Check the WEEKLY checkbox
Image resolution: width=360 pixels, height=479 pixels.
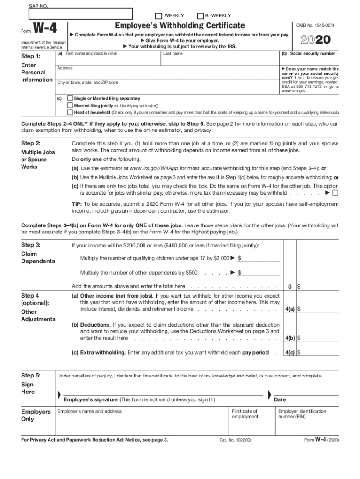coord(158,15)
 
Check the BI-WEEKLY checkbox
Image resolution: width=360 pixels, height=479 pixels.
coord(201,15)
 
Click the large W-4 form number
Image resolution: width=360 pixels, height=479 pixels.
coord(44,29)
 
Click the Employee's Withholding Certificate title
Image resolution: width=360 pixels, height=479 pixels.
coord(180,25)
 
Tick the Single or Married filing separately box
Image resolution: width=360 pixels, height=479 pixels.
coord(70,99)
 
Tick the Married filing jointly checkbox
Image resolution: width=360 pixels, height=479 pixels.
coord(70,106)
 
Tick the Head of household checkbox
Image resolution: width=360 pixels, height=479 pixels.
coord(70,113)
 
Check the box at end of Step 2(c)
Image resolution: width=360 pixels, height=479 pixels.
coord(335,193)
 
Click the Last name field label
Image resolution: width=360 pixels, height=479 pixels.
coord(173,54)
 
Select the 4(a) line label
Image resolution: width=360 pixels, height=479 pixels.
coord(289,309)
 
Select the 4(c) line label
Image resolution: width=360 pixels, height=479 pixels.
coord(289,353)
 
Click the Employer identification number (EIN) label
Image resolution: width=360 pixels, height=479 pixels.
coord(302,414)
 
